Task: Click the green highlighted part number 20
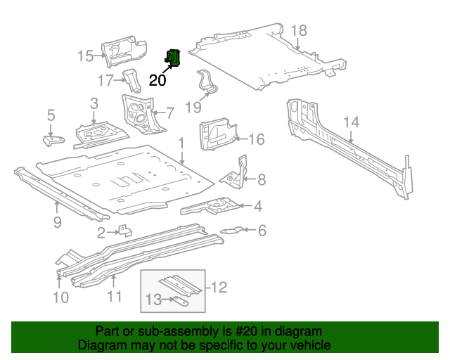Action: [x=173, y=58]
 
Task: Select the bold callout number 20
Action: [x=158, y=80]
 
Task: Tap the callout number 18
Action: [x=299, y=30]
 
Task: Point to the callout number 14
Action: [x=351, y=122]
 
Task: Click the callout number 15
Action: [x=85, y=56]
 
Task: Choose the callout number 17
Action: [x=105, y=81]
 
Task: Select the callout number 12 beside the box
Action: [x=219, y=287]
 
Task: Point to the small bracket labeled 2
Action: [x=125, y=231]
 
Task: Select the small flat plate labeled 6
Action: [x=232, y=230]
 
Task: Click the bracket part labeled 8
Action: [x=238, y=172]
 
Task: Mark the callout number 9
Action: [x=57, y=222]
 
